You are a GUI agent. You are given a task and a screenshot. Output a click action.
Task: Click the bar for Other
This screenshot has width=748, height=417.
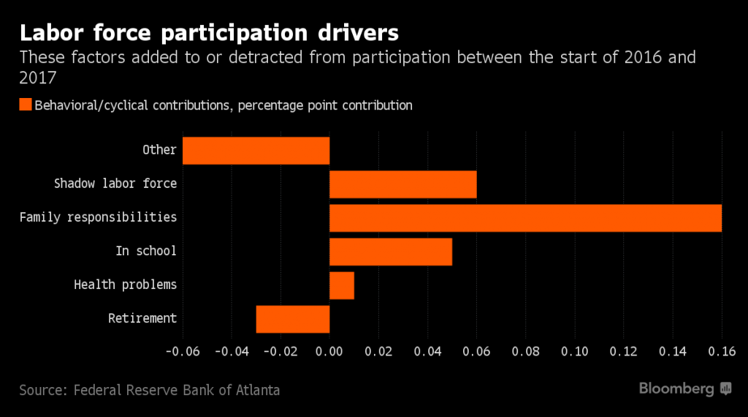pyautogui.click(x=256, y=151)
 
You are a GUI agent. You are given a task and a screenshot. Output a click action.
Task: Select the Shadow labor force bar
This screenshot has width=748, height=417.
pyautogui.click(x=403, y=184)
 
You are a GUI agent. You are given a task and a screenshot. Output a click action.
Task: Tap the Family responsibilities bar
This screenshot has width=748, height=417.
pyautogui.click(x=525, y=218)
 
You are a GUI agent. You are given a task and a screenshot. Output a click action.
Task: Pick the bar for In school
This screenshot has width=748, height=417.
pyautogui.click(x=391, y=252)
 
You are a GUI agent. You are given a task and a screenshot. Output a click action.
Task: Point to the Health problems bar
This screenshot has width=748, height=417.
pyautogui.click(x=342, y=285)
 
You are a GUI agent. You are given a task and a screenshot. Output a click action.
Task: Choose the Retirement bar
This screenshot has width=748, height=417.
pyautogui.click(x=293, y=319)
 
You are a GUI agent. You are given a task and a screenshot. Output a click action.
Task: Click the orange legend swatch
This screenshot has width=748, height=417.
pyautogui.click(x=26, y=105)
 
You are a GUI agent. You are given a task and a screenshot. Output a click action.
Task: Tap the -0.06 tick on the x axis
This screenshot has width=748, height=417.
pyautogui.click(x=182, y=351)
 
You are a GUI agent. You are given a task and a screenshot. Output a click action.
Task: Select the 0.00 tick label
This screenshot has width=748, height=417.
pyautogui.click(x=329, y=351)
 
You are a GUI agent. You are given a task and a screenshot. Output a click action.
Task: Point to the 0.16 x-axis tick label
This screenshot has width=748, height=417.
pyautogui.click(x=722, y=351)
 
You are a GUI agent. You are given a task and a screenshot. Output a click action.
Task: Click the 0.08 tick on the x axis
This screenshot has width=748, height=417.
pyautogui.click(x=526, y=351)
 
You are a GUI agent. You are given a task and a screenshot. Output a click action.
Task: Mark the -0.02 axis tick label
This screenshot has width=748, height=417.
pyautogui.click(x=280, y=351)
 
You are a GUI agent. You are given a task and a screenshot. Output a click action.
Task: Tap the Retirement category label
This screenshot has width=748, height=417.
pyautogui.click(x=142, y=318)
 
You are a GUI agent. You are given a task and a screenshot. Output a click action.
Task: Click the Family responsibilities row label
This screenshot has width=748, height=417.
pyautogui.click(x=98, y=217)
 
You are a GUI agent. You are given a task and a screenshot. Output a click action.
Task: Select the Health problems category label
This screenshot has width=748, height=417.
pyautogui.click(x=126, y=285)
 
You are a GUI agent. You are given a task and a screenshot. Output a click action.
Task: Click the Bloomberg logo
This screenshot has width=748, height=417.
pyautogui.click(x=685, y=388)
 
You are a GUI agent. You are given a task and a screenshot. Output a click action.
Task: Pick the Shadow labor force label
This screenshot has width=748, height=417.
pyautogui.click(x=115, y=184)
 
